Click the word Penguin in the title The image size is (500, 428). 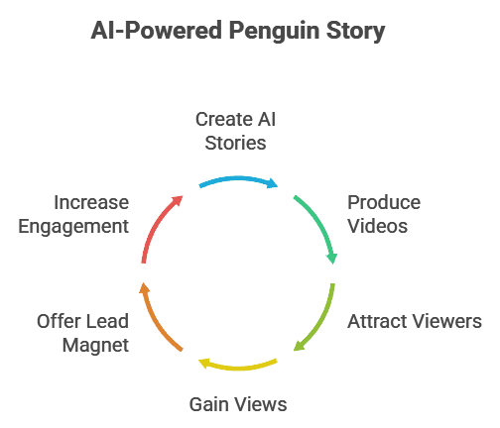pos(275,32)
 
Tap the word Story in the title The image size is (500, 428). pos(356,32)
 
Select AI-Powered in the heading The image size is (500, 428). pos(157,31)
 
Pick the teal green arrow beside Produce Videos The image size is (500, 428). pos(320,225)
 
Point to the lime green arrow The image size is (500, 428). pos(321,322)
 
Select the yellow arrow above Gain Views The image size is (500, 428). pos(238,367)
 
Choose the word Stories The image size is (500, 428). pos(235,144)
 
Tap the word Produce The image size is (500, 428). pos(384,202)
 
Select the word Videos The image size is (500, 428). pos(378,226)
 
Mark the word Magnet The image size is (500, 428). pos(95,346)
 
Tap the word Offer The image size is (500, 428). pos(59,321)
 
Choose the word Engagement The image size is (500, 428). pos(73,227)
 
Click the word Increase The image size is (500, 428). pos(91,202)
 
